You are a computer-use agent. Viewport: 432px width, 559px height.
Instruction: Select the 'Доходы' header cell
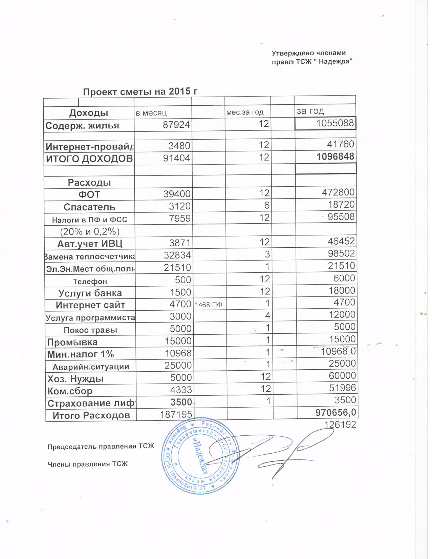tap(89, 113)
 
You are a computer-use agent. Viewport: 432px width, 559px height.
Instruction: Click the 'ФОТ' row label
tap(89, 194)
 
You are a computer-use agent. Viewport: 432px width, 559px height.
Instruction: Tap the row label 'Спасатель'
tap(89, 207)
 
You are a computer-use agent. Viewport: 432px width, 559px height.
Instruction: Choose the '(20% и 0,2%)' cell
tap(90, 232)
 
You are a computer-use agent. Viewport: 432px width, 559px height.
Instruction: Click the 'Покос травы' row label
tap(90, 330)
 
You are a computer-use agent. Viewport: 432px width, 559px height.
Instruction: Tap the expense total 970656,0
tap(336, 413)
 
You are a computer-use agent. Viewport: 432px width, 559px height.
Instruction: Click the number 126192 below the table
tap(340, 425)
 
